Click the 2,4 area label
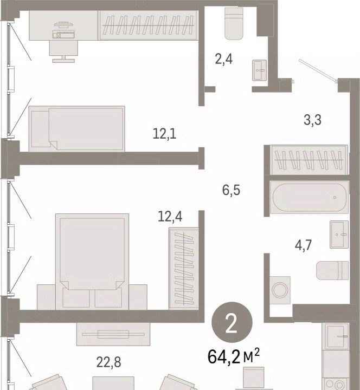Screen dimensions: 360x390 coord(224,60)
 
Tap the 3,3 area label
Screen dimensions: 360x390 coord(312,120)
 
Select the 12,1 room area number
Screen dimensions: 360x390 coord(164,134)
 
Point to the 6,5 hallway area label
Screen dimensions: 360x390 coord(231,190)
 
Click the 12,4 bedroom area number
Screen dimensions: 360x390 coord(170,216)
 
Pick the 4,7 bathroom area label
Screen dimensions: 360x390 coord(303,245)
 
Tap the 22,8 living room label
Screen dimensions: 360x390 coord(109,362)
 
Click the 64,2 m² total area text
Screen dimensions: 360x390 coord(233,356)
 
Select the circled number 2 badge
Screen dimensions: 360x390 coord(232,322)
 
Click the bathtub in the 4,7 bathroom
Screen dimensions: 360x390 coord(309,197)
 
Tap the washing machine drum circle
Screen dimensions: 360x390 coord(280,290)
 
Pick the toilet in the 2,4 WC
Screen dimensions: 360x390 coord(234,24)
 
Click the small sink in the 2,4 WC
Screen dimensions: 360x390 coord(259,70)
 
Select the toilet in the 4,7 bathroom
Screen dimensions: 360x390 coord(332,270)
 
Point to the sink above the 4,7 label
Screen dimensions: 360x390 coord(339,235)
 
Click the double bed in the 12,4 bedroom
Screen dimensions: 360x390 coord(92,261)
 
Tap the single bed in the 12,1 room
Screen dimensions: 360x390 coord(76,129)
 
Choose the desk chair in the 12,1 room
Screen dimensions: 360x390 coord(63,51)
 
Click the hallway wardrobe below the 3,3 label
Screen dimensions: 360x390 coord(309,160)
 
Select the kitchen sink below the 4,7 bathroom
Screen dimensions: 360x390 coord(336,336)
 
